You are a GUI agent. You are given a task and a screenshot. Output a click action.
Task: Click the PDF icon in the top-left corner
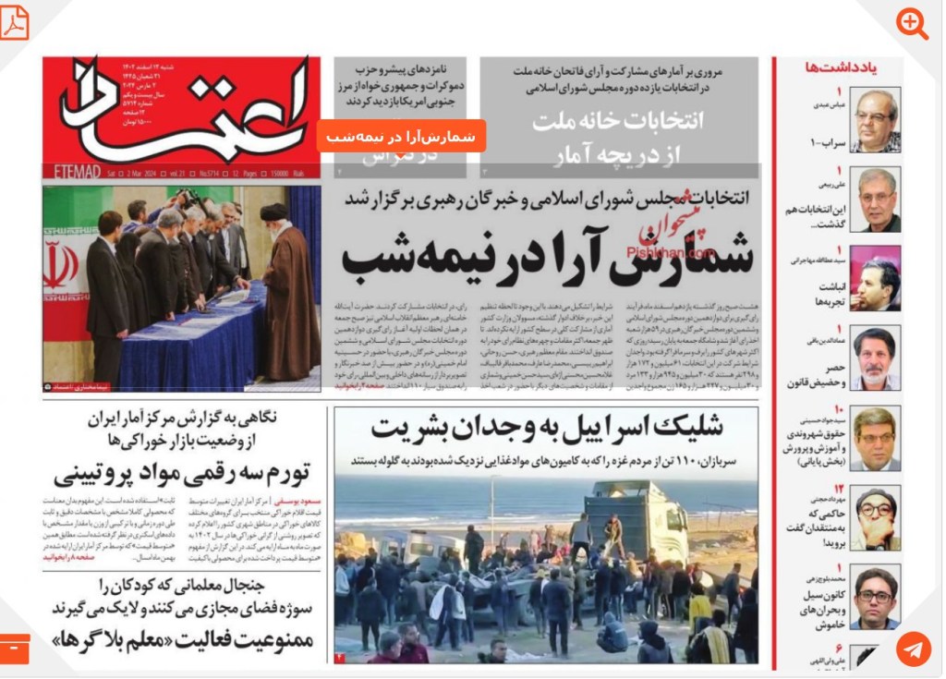[x=15, y=22]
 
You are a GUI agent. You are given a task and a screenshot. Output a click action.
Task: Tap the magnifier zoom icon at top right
[x=913, y=24]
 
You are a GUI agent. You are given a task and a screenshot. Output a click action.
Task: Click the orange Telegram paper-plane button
[x=913, y=649]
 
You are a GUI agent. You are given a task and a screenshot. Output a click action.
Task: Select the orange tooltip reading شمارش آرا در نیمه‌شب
[x=401, y=137]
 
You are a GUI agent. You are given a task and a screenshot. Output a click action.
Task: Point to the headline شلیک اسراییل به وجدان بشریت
[x=547, y=427]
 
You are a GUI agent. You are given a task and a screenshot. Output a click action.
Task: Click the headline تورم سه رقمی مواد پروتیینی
[x=183, y=476]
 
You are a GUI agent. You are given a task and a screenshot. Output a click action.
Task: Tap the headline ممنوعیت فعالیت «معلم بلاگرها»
[x=183, y=639]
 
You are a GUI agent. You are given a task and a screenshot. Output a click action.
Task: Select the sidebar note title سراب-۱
[x=821, y=143]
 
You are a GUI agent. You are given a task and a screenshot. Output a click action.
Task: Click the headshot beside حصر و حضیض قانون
[x=874, y=358]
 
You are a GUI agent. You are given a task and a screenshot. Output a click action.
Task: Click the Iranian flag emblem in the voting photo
[x=61, y=264]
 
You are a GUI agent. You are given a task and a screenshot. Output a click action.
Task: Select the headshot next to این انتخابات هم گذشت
[x=874, y=200]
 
